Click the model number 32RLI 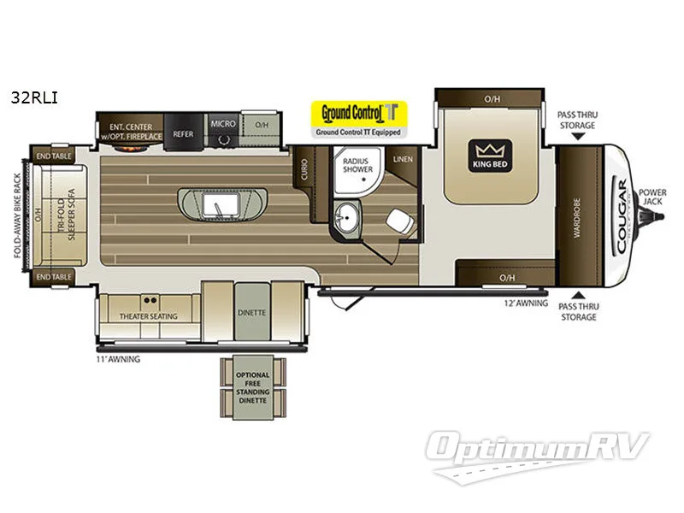(x=31, y=97)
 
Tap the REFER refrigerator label (x=183, y=134)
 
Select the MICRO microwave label (x=223, y=124)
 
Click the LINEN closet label (x=403, y=160)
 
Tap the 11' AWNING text (x=117, y=360)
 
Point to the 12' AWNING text (x=524, y=303)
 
